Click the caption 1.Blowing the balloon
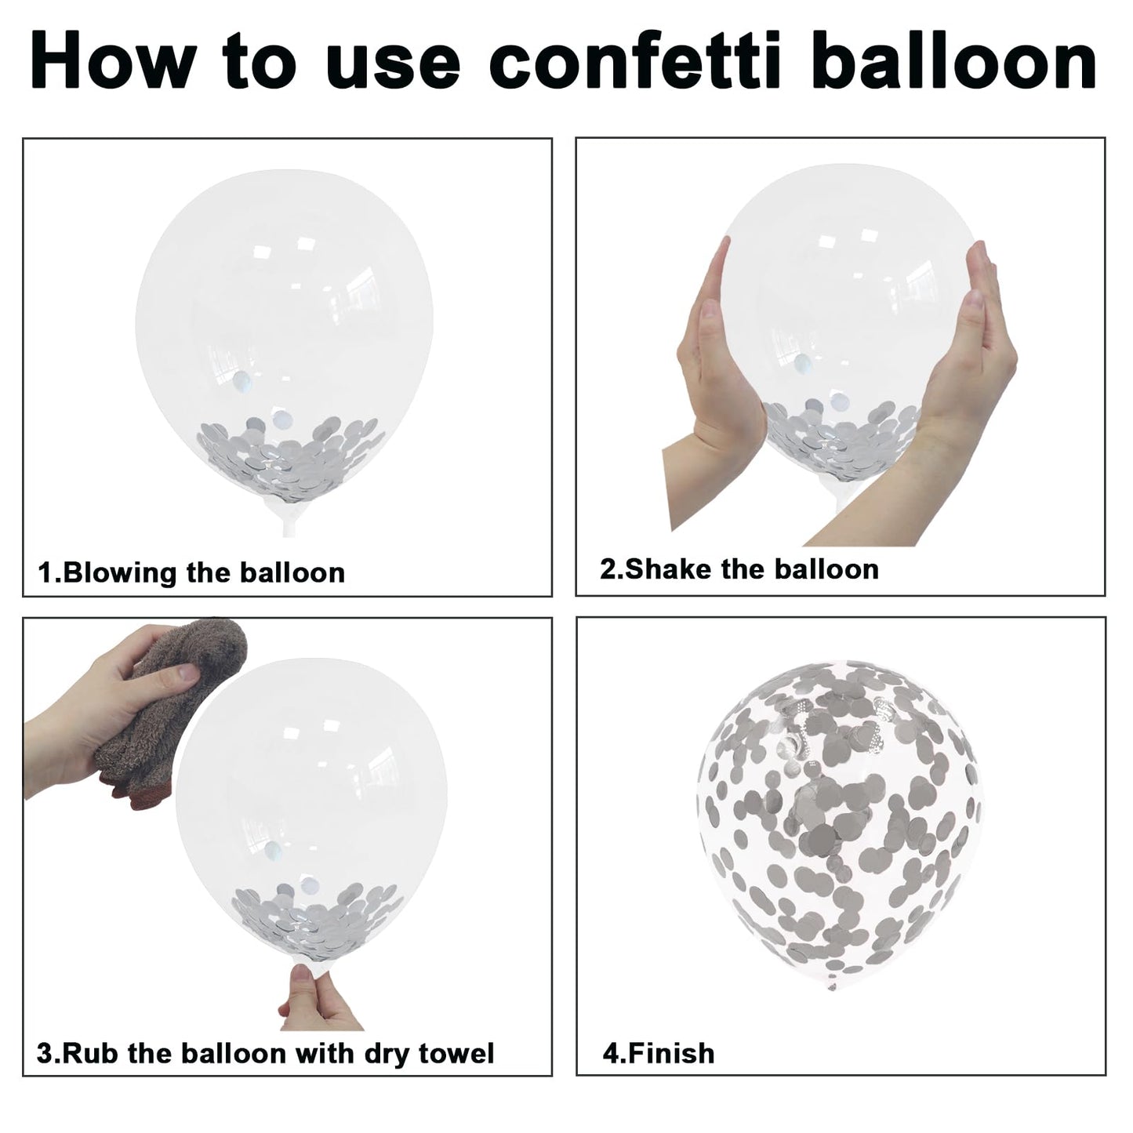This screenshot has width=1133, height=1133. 191,572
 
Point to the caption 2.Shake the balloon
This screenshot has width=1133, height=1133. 739,569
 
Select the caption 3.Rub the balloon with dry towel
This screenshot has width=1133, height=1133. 265,1053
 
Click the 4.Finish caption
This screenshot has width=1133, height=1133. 659,1053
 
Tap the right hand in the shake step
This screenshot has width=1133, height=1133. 946,382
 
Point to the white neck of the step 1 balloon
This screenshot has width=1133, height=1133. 288,518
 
